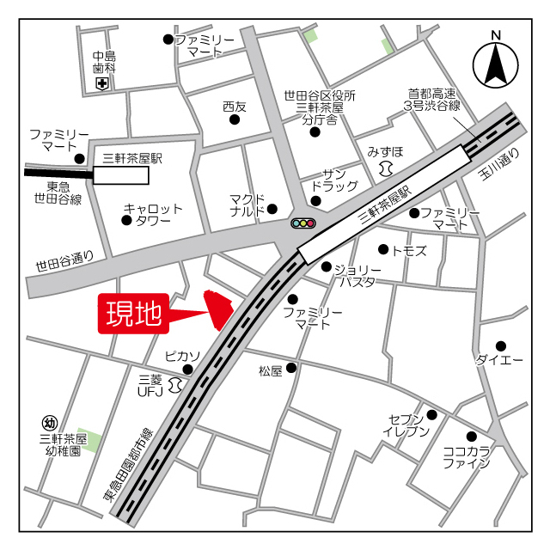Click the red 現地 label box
[x=133, y=314]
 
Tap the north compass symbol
[x=496, y=63]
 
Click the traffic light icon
[x=303, y=223]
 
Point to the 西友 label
[x=234, y=107]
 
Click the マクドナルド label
[x=248, y=205]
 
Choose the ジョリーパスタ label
[x=356, y=275]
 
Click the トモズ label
[x=408, y=250]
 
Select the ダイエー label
[x=499, y=359]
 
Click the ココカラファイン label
[x=466, y=456]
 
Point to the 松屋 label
[x=270, y=371]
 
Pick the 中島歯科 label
[x=105, y=62]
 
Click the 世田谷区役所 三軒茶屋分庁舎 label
[x=321, y=108]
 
